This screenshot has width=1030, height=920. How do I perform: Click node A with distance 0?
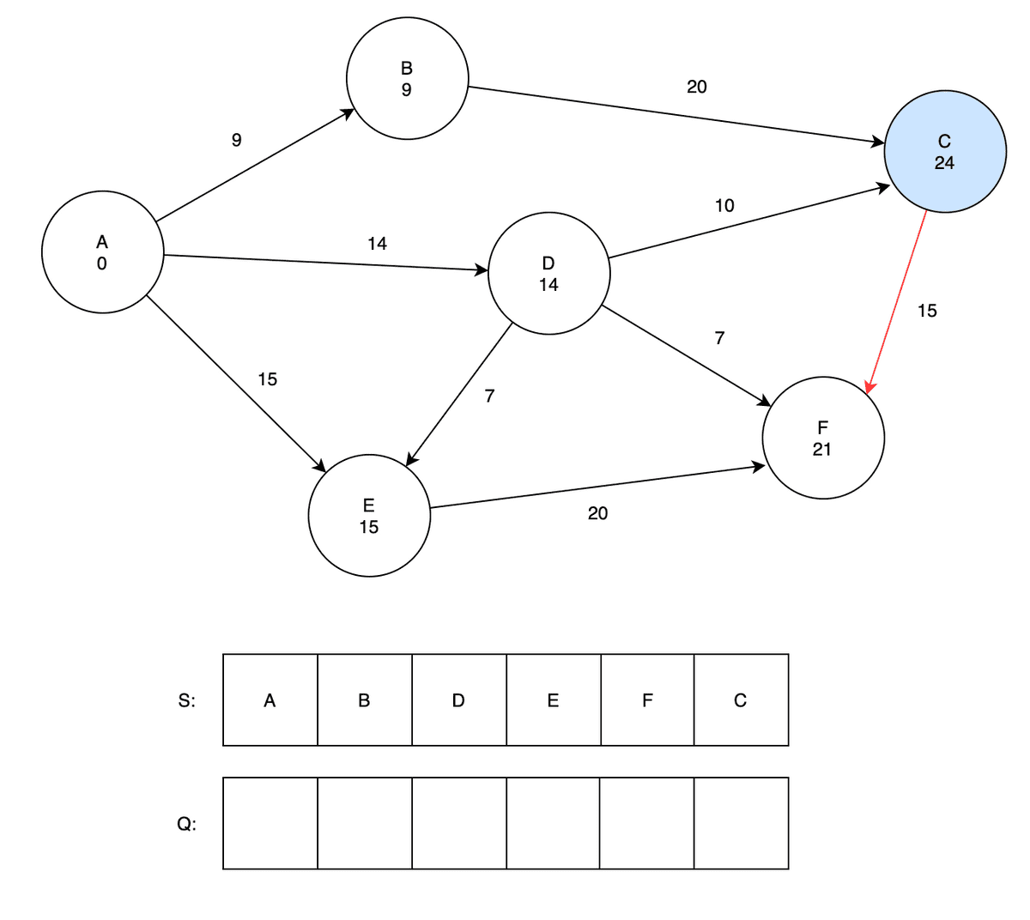pos(102,252)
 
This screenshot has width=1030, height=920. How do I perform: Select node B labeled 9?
pos(407,78)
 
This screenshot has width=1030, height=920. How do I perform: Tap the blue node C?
pos(944,152)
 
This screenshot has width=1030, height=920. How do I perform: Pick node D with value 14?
pos(548,274)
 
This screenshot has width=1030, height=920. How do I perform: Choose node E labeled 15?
pos(369,516)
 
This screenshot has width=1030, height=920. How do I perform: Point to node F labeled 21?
pos(822,438)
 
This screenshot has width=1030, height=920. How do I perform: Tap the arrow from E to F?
pos(597,487)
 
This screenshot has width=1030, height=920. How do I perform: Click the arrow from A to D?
pos(326,263)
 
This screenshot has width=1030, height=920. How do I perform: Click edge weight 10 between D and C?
pos(724,206)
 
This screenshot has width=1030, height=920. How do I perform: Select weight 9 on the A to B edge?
pos(237,140)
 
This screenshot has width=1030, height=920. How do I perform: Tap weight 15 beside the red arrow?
pos(927,312)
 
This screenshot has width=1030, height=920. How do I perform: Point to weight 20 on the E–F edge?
pos(597,514)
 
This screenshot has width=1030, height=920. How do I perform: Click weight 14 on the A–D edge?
pos(377,244)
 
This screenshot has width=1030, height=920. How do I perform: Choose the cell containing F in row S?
pos(647,700)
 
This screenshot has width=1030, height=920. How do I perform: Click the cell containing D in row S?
pos(458,700)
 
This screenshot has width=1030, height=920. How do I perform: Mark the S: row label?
pos(186,700)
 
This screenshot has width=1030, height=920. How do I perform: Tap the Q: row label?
pos(186,824)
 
